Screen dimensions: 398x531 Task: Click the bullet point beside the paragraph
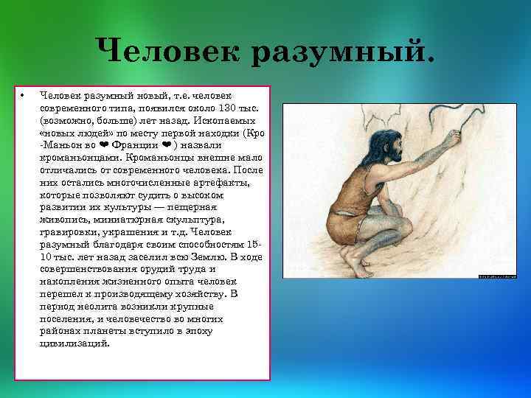(x=24, y=96)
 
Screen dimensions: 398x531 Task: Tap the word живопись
(x=66, y=219)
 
